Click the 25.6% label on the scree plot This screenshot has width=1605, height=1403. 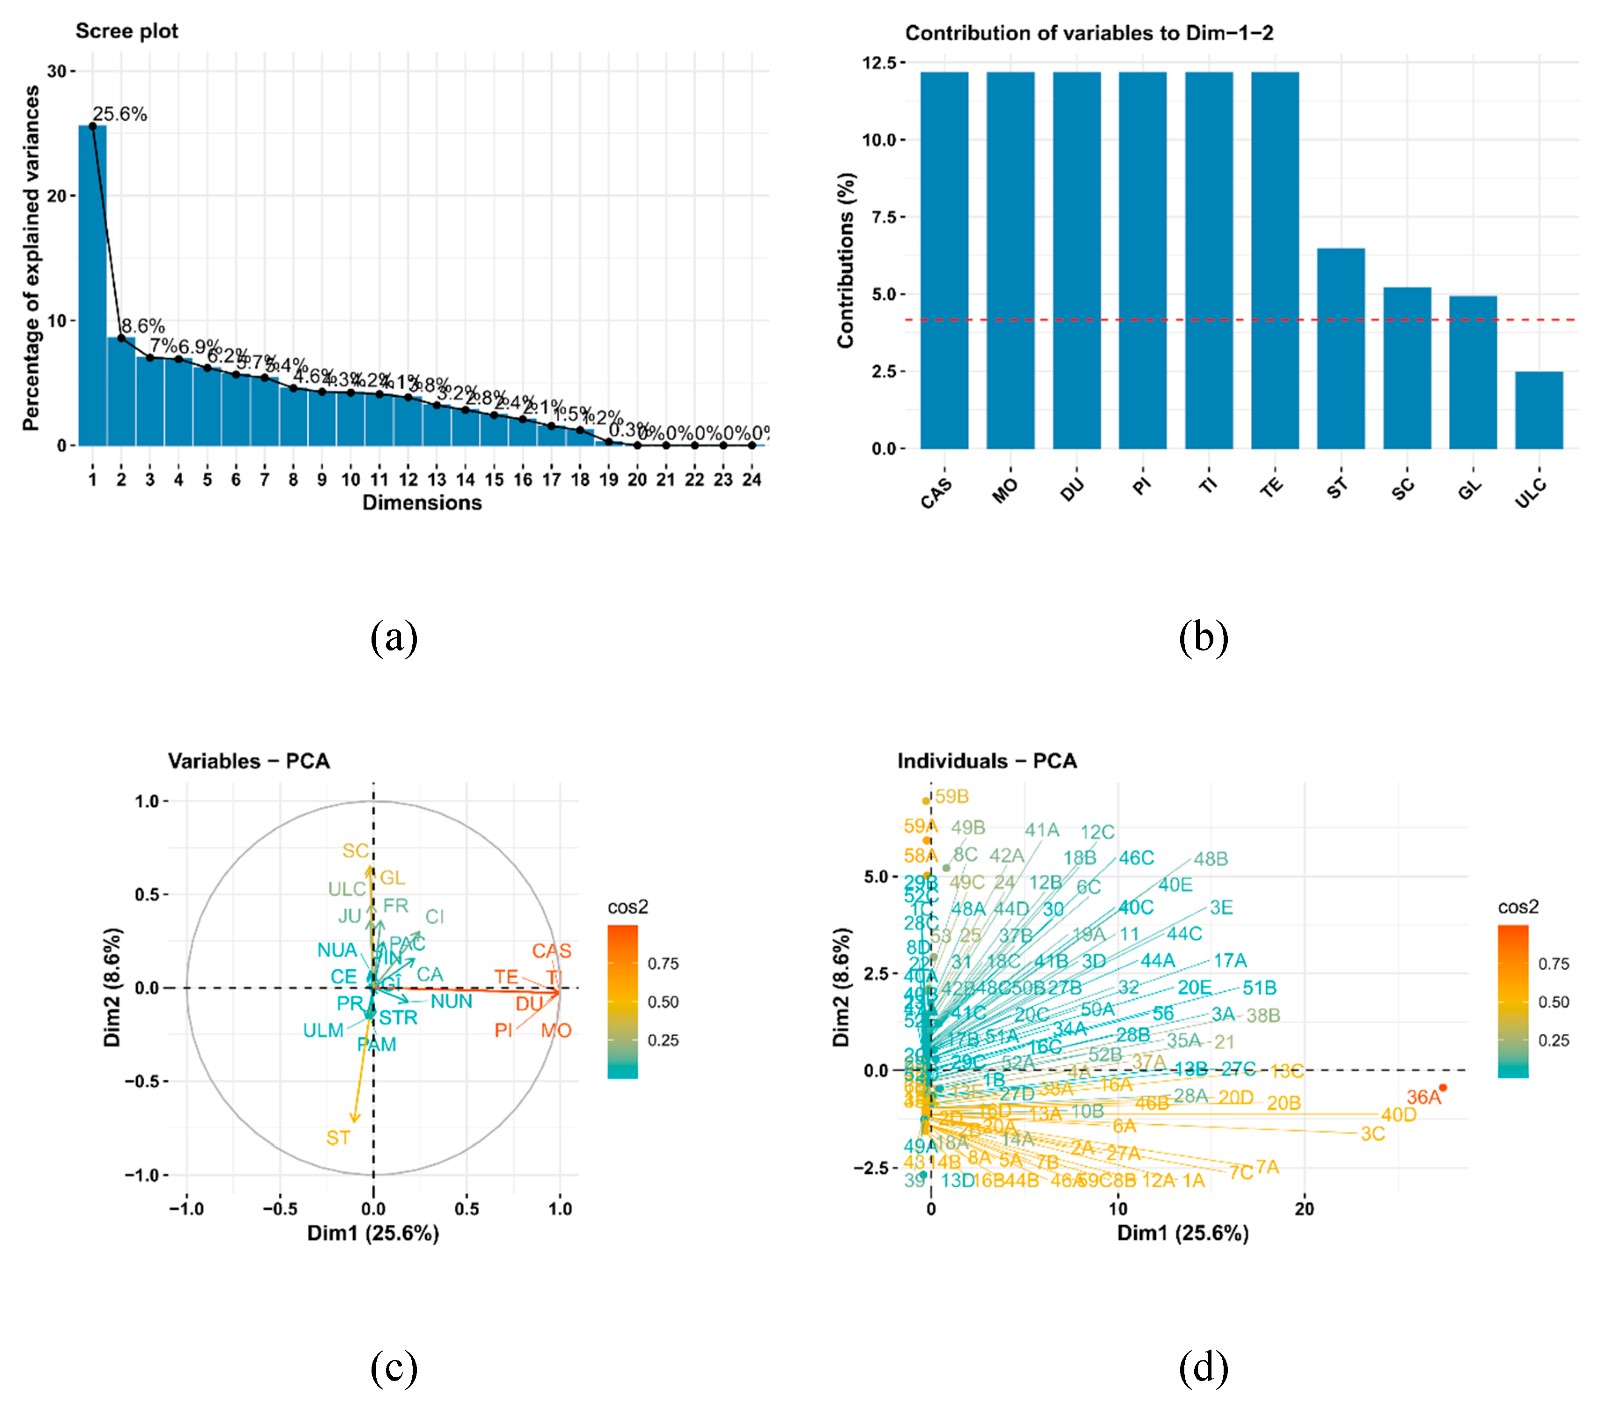[120, 114]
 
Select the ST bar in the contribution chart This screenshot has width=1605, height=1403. [1340, 348]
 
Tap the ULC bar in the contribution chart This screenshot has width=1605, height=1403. [1539, 410]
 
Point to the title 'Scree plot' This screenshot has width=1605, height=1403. [127, 31]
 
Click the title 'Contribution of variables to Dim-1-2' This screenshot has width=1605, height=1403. [1089, 33]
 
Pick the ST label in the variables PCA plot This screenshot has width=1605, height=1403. [338, 1138]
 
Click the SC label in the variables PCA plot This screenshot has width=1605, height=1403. [355, 851]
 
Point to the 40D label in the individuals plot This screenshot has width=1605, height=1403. [1398, 1115]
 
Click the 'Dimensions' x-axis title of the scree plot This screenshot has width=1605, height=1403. [422, 503]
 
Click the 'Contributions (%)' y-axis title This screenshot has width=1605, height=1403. [846, 260]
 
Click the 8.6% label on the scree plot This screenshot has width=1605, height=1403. [143, 326]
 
